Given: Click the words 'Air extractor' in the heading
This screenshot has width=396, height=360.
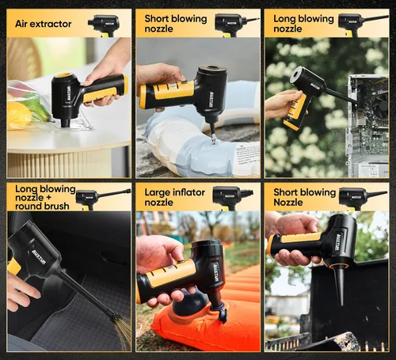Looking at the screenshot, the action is click(44, 24).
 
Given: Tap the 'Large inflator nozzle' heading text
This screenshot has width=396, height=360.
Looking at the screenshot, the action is click(174, 197).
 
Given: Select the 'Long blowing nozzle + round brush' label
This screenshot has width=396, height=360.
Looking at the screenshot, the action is click(45, 197).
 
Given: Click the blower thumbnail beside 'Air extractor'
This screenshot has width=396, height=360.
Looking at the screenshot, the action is click(104, 25).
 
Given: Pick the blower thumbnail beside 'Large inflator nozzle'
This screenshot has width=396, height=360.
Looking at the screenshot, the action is click(233, 198).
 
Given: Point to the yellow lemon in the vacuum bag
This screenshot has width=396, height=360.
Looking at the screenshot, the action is click(18, 116).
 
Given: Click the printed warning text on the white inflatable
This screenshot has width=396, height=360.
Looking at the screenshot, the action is click(248, 155).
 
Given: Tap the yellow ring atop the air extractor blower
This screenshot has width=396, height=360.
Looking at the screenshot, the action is click(64, 74).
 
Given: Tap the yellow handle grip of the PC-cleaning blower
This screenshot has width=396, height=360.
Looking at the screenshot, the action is click(295, 112).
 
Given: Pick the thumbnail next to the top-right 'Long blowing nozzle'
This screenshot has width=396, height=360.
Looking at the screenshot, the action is click(364, 25).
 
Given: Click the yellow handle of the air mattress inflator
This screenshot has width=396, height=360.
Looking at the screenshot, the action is click(169, 272).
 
